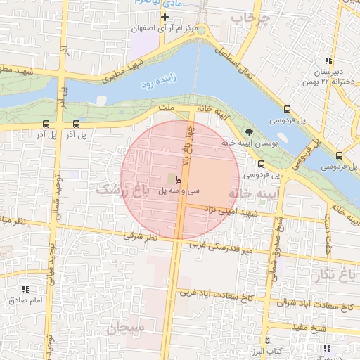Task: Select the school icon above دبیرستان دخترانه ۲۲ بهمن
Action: click(328, 60)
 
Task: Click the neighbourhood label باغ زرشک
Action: click(121, 190)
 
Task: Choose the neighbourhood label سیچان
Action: click(125, 328)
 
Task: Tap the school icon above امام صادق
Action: click(26, 289)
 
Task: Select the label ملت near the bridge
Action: click(167, 108)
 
